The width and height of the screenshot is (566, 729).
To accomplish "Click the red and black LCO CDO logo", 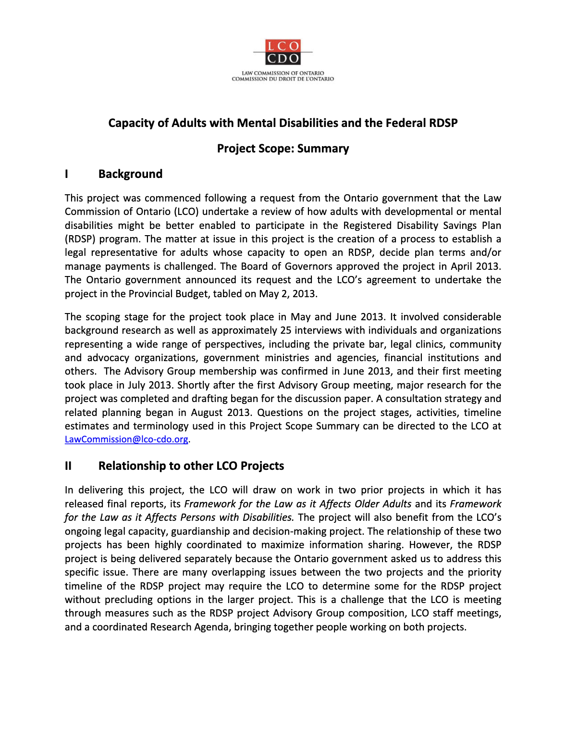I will click(x=283, y=52).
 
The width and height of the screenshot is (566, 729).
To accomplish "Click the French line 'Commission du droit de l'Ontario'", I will click(x=283, y=79).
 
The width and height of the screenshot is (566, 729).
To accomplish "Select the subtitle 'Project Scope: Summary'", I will click(x=283, y=149).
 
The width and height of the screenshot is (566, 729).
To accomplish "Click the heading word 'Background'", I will click(x=130, y=174).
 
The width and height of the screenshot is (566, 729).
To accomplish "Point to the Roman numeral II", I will click(x=68, y=466).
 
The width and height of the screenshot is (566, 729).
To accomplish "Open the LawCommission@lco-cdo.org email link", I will click(x=126, y=440).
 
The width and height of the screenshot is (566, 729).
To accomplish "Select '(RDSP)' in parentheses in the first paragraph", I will click(x=80, y=239).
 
